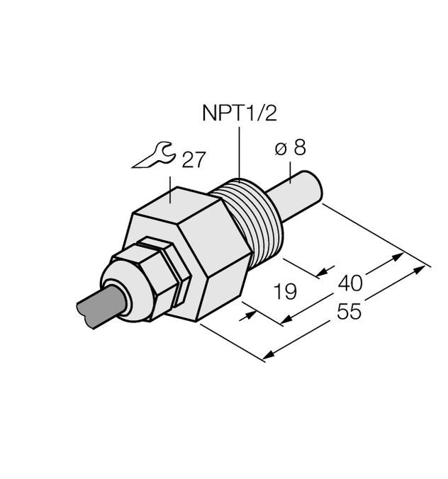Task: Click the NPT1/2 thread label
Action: [x=238, y=113]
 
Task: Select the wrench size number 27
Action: [x=193, y=159]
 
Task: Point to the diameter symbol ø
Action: [x=280, y=149]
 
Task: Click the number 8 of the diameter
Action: [x=300, y=149]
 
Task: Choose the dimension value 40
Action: [x=350, y=283]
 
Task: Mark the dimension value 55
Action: [x=348, y=311]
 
